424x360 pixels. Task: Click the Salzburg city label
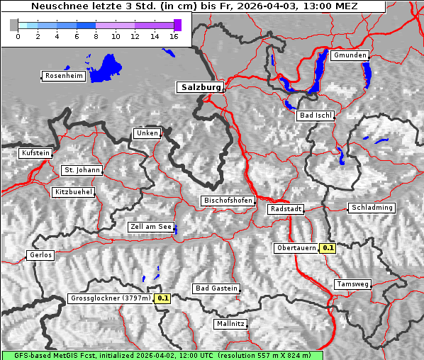200,87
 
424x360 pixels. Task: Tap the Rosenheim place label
64,76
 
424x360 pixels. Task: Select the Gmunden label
350,55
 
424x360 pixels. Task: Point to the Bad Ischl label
316,116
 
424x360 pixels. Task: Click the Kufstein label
35,153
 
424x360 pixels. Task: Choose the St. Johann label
82,170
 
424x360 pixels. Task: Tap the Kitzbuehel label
74,192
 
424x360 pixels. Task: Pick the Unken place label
147,133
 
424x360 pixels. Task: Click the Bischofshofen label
228,201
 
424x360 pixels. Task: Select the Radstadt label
286,209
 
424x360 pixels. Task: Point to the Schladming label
372,208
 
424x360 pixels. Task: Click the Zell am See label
151,227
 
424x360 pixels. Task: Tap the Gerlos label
40,255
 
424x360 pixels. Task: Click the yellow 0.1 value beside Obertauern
328,248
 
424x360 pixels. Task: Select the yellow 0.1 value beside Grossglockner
163,298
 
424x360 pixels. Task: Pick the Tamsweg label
352,284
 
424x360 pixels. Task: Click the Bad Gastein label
216,288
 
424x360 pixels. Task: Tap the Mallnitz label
230,324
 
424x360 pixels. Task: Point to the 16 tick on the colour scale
173,36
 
